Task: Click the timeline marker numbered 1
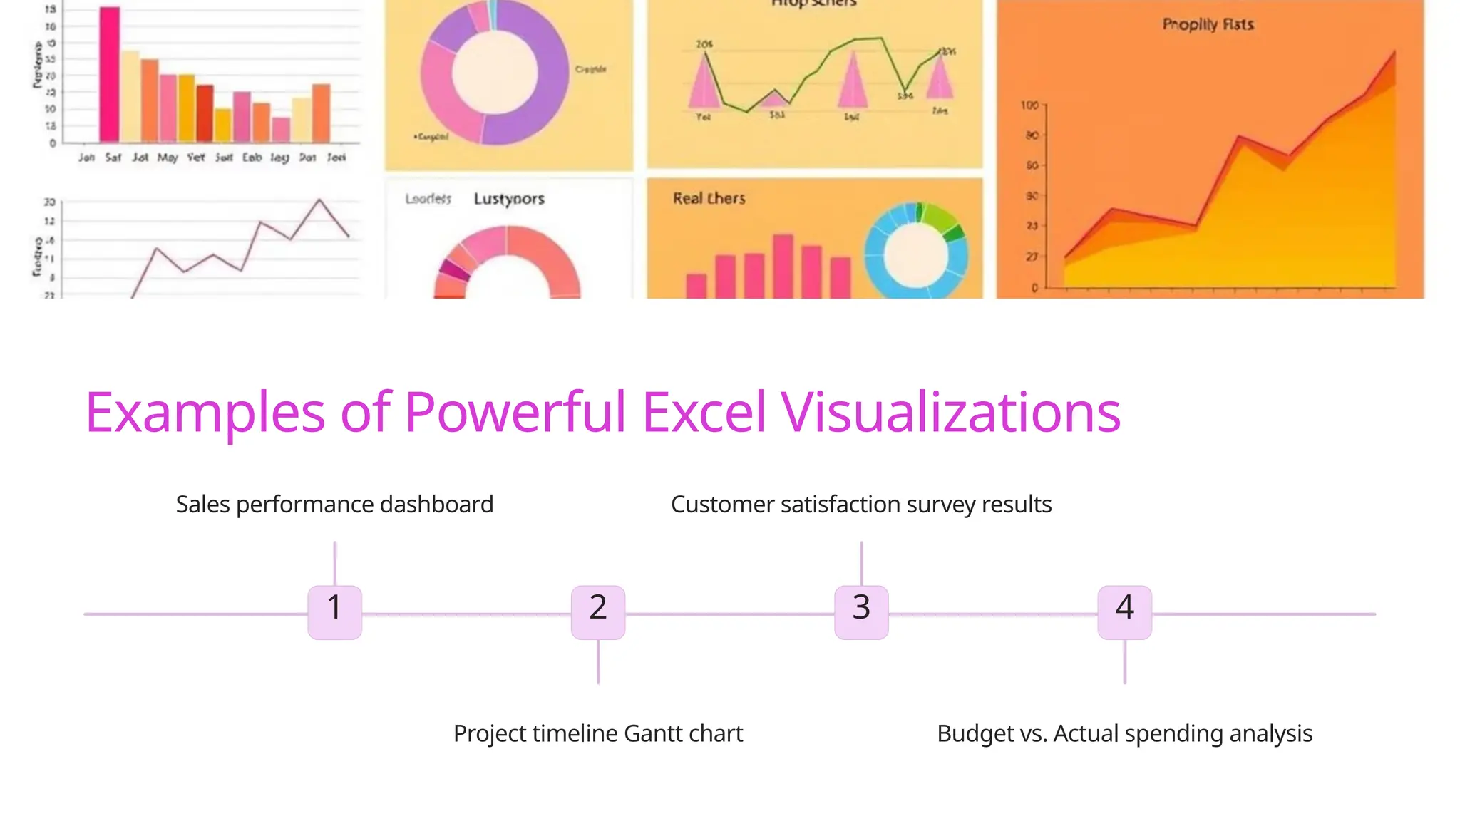[x=334, y=612]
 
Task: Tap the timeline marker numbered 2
[x=598, y=612]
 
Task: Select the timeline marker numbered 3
[x=861, y=612]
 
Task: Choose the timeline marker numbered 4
[x=1124, y=612]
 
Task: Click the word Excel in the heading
[x=704, y=413]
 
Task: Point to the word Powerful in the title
[x=515, y=413]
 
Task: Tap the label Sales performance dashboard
[x=334, y=505]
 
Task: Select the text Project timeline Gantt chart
[x=598, y=733]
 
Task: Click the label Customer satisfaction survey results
[x=861, y=505]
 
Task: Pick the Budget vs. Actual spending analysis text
[x=1124, y=733]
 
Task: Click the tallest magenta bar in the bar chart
[x=110, y=75]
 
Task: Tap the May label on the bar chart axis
[x=168, y=158]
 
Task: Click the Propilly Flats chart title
[x=1208, y=25]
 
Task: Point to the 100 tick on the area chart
[x=1029, y=105]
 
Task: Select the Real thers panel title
[x=709, y=198]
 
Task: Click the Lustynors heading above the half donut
[x=509, y=199]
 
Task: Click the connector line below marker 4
[x=1125, y=662]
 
